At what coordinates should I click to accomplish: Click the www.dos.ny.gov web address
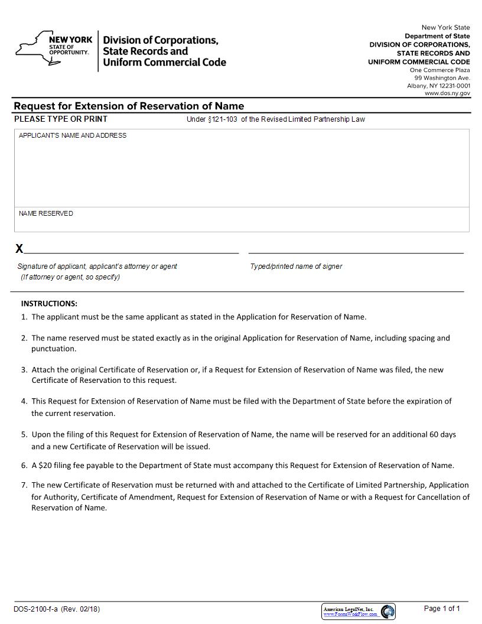coord(447,93)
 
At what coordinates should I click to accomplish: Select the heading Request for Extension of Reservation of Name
coord(129,106)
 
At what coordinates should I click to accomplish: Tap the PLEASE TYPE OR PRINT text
coord(61,119)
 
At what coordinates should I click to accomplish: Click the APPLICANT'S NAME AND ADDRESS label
coord(73,136)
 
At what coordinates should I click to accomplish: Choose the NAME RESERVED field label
coord(46,214)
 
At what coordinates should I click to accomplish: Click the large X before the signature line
coord(19,249)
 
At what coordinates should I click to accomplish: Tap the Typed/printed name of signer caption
coord(296,266)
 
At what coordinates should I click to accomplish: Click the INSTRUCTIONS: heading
coord(49,304)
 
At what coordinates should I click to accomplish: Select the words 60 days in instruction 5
coord(441,434)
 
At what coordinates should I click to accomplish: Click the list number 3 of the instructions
coord(24,370)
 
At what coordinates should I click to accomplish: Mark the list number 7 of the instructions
coord(24,485)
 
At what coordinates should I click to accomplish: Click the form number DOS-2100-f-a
coord(35,609)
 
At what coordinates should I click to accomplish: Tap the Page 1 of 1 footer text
coord(442,609)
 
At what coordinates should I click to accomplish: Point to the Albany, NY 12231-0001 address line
coord(438,86)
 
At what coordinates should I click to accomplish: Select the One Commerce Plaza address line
coord(439,70)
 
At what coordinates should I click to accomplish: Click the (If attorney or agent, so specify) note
coord(70,277)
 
